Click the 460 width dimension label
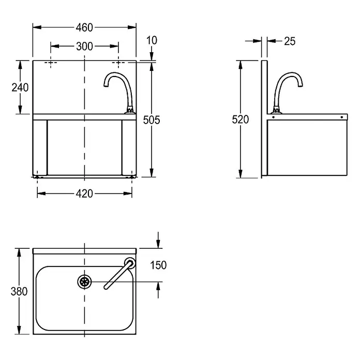[84, 27]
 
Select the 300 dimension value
[84, 47]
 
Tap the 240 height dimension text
[20, 87]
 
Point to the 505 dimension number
[152, 120]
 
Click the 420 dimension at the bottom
[84, 194]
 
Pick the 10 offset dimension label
[152, 40]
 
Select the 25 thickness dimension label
[290, 41]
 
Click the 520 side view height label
[240, 119]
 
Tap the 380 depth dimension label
[19, 291]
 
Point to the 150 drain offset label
[158, 265]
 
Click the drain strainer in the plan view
[84, 282]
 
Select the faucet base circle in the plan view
[130, 263]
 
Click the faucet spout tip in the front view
[106, 85]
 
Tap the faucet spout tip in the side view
[301, 85]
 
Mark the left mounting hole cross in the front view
[51, 63]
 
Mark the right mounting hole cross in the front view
[118, 63]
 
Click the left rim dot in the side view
[273, 117]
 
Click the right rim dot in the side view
[341, 117]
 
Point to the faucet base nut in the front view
[130, 110]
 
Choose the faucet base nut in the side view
[276, 110]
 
